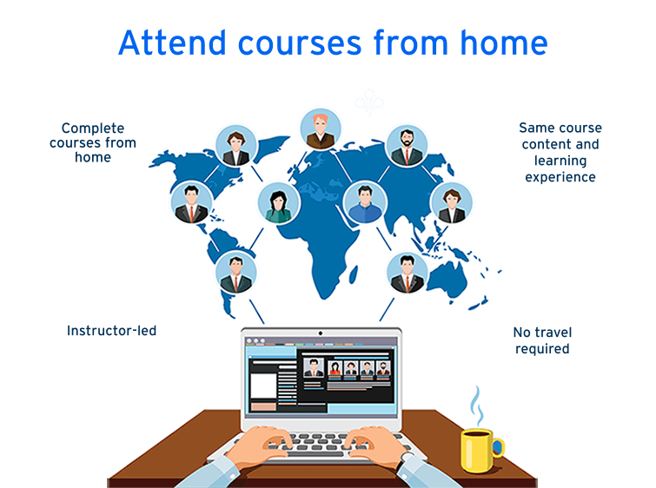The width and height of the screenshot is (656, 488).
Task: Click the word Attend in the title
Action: (171, 42)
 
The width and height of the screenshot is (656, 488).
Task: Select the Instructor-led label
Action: (111, 331)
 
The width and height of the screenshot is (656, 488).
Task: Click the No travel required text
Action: (542, 340)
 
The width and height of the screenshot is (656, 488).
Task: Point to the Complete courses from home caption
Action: (92, 142)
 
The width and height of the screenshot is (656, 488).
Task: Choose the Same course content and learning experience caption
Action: (560, 152)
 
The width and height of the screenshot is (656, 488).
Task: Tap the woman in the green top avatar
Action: (278, 203)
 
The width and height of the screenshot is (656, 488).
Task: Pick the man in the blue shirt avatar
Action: (363, 202)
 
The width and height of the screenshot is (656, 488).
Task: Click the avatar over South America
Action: (235, 273)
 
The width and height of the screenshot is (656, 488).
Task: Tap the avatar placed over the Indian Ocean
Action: (407, 273)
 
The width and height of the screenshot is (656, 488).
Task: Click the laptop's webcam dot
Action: (321, 333)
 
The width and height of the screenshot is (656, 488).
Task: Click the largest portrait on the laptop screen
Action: (311, 367)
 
